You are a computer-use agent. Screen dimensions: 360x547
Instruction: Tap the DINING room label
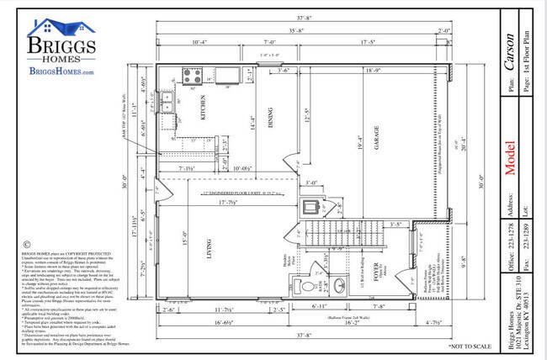270,122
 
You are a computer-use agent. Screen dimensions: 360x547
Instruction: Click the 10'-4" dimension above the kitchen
199,41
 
